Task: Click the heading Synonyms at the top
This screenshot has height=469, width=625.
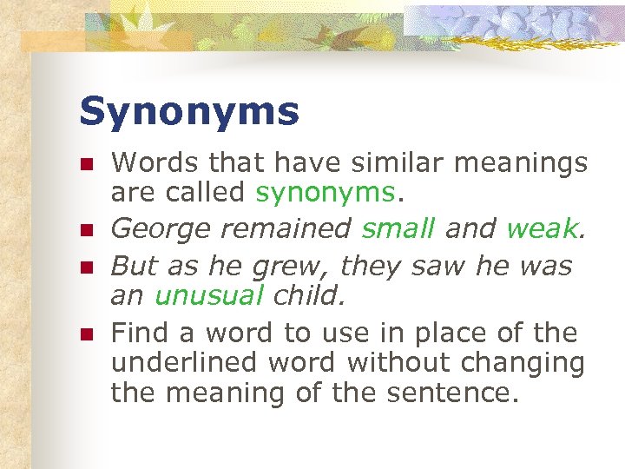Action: [189, 111]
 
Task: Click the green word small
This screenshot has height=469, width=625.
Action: [398, 228]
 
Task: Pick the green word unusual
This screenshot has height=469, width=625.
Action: [208, 295]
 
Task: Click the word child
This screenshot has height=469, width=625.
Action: [307, 295]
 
